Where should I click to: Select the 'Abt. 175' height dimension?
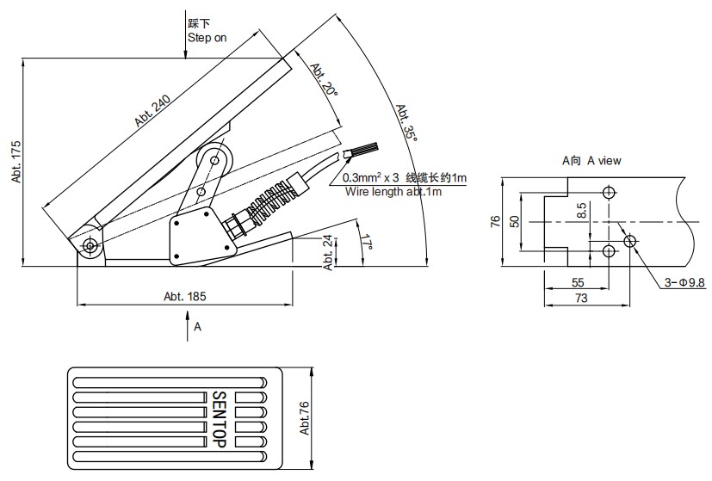pyautogui.click(x=15, y=163)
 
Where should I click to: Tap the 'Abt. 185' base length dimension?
pyautogui.click(x=184, y=295)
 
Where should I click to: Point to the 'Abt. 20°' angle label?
pyautogui.click(x=322, y=78)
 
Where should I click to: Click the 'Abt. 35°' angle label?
pyautogui.click(x=406, y=124)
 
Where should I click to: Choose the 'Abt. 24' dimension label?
pyautogui.click(x=328, y=253)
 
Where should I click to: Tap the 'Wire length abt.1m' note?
pyautogui.click(x=393, y=191)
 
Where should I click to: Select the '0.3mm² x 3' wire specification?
pyautogui.click(x=371, y=178)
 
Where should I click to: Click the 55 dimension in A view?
pyautogui.click(x=577, y=282)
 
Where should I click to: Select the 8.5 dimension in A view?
pyautogui.click(x=583, y=210)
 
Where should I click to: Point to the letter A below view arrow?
pyautogui.click(x=197, y=327)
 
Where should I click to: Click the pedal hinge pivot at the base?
pyautogui.click(x=90, y=246)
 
